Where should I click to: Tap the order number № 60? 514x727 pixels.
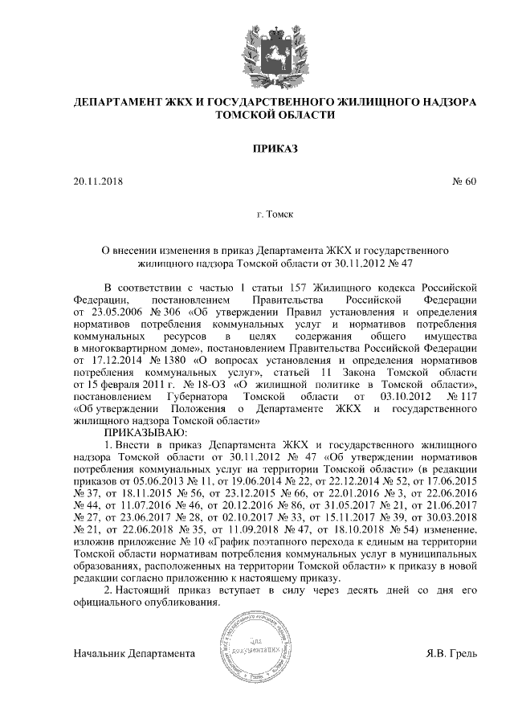tap(465, 182)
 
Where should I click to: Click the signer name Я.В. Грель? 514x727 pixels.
tap(451, 652)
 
